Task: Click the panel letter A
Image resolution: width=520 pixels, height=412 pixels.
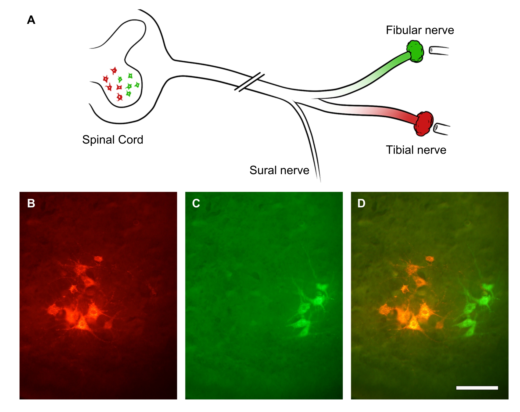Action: (x=31, y=20)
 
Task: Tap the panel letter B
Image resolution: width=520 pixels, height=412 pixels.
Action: (x=31, y=203)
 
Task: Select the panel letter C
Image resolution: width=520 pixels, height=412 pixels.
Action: (x=196, y=203)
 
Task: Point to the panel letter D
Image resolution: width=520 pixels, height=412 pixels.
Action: (x=361, y=203)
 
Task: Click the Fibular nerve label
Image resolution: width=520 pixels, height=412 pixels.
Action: (x=420, y=30)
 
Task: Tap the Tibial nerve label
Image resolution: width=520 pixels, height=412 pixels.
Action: (x=416, y=150)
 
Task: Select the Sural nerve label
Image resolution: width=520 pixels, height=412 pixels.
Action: (x=279, y=170)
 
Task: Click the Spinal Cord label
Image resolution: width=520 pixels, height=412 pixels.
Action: (x=113, y=140)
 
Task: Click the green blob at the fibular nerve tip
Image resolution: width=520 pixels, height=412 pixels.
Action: (x=415, y=51)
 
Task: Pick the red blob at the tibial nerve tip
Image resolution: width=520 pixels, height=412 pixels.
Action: (x=424, y=123)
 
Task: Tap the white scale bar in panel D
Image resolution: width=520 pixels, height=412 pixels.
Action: (x=477, y=388)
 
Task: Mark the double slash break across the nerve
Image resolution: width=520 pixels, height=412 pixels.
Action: (x=249, y=82)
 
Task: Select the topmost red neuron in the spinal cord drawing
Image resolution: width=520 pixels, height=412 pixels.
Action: (x=114, y=71)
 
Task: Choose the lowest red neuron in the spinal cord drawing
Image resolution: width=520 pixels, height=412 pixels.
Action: (x=120, y=97)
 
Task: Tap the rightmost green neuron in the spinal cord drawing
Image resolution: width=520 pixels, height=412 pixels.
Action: (x=137, y=85)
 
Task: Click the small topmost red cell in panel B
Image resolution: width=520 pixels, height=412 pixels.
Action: (x=98, y=259)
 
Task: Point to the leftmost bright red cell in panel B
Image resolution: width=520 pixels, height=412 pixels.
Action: (x=54, y=310)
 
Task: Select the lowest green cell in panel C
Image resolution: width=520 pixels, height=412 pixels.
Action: (x=304, y=332)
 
